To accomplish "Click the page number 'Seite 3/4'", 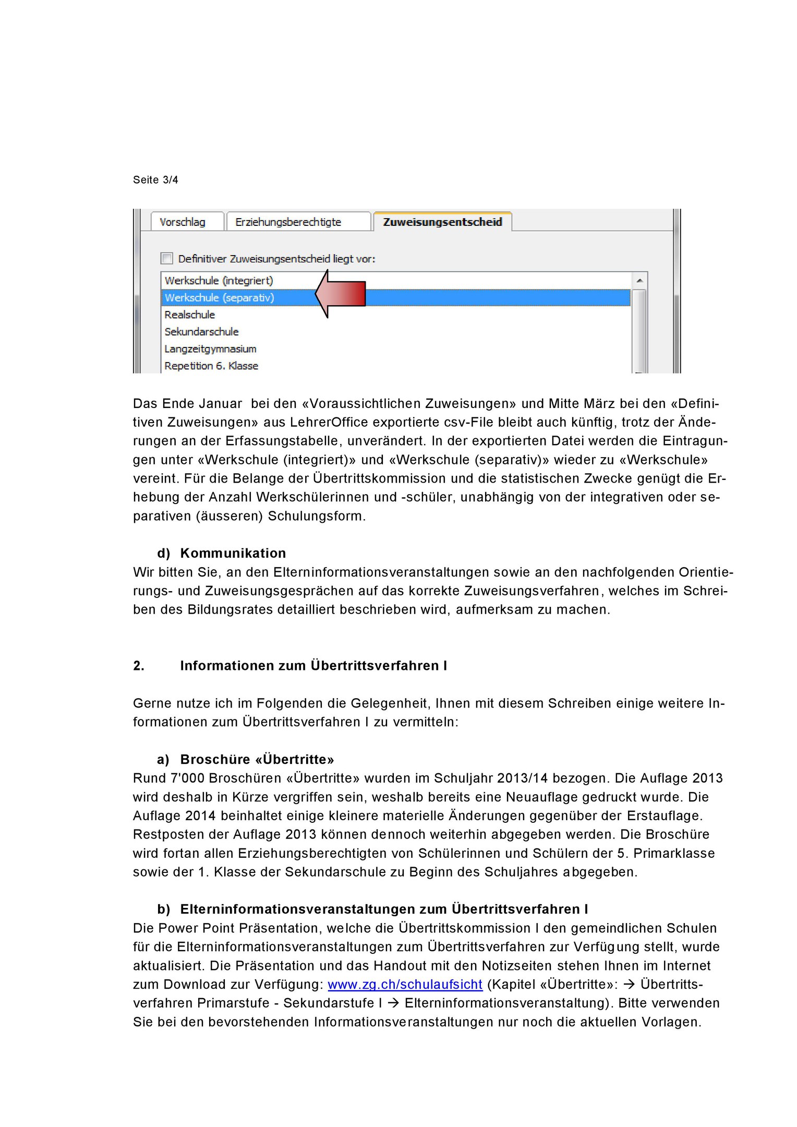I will (155, 180).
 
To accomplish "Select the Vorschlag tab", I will (183, 222).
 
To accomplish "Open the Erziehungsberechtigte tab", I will (288, 222).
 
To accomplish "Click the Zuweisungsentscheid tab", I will (442, 222).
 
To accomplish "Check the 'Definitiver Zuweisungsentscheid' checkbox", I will (167, 258).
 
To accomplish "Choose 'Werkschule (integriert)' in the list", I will (219, 281).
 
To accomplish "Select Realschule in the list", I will (190, 315).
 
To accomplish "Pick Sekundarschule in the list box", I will (201, 332).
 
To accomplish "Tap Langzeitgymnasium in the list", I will (210, 349).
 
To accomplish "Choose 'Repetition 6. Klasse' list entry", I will (211, 366).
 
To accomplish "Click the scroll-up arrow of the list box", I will (639, 281).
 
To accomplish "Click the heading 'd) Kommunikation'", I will (222, 553).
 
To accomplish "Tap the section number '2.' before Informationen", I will (139, 666).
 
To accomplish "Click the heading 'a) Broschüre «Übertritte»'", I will (246, 759).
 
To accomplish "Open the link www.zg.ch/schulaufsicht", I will (405, 985).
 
